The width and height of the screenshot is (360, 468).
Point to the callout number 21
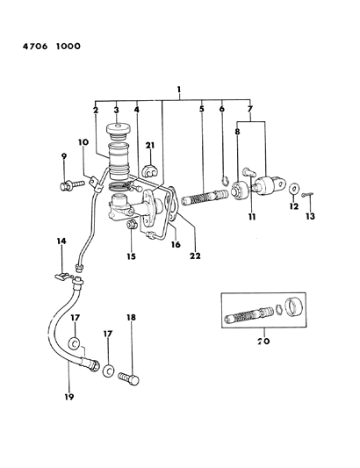pyautogui.click(x=150, y=146)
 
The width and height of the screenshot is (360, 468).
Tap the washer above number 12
pyautogui.click(x=291, y=188)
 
